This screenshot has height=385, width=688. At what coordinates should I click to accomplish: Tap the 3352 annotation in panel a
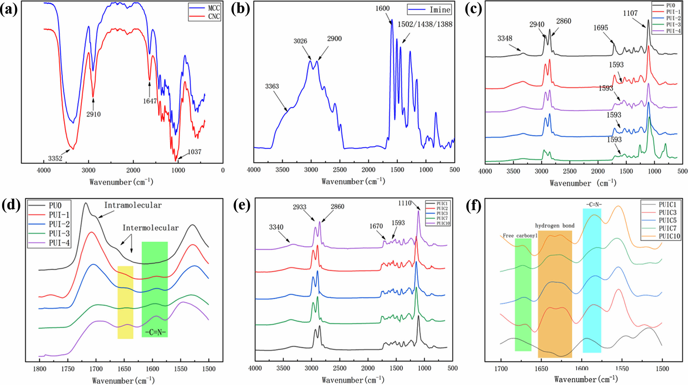pos(55,158)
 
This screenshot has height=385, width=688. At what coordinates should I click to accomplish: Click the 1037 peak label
pos(194,152)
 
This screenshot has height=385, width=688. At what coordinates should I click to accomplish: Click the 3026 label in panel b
pos(300,41)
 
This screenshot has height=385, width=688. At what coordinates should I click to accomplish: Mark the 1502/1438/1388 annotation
pos(425,24)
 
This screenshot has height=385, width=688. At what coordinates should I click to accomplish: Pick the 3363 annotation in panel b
pos(272,86)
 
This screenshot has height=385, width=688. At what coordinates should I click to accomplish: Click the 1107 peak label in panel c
pos(630,13)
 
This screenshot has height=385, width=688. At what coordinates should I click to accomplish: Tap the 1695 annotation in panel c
pos(601,28)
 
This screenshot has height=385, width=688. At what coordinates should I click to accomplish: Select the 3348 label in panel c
pos(505,38)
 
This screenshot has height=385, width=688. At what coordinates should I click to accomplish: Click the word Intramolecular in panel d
pos(133,205)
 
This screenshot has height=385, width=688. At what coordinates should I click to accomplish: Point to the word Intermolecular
pos(150,228)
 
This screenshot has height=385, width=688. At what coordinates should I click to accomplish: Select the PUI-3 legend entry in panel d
pos(59,234)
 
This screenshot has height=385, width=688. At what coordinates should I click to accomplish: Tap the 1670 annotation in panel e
pos(376,226)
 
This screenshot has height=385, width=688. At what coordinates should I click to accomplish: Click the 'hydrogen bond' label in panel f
pos(555,226)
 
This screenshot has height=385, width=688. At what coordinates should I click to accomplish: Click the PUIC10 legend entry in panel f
pos(669,236)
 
